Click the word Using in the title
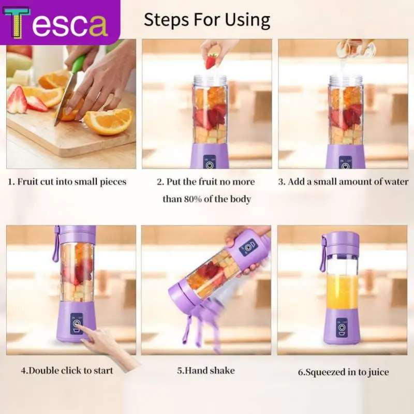[x=247, y=20]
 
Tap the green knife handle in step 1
[x=78, y=65]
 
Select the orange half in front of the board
[x=108, y=122]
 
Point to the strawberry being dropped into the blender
[x=211, y=61]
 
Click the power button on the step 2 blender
[x=210, y=166]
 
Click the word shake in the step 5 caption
[x=223, y=371]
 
